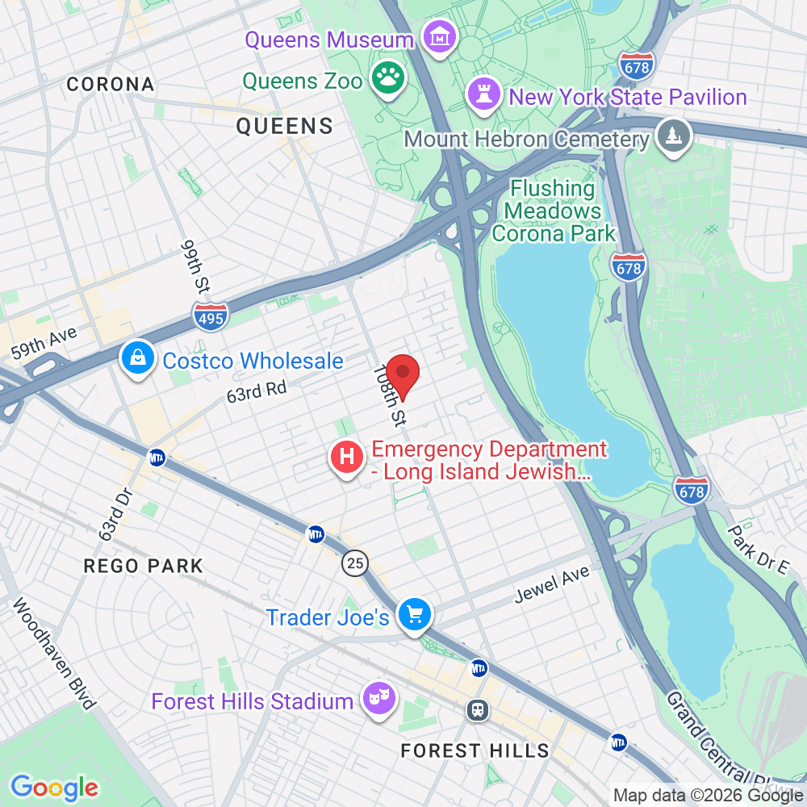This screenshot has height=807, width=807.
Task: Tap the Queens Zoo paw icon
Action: tap(389, 79)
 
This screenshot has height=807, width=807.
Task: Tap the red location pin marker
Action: tap(403, 376)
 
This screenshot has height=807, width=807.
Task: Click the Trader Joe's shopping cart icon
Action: tap(416, 616)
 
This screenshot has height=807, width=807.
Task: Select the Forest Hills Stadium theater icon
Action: tap(376, 697)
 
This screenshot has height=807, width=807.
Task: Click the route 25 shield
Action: tap(355, 562)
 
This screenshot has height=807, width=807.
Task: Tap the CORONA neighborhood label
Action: tap(111, 84)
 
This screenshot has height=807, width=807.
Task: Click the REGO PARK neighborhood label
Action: tap(144, 565)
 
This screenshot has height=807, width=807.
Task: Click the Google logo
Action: tap(54, 787)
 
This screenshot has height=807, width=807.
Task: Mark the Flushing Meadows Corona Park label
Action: tap(554, 211)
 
